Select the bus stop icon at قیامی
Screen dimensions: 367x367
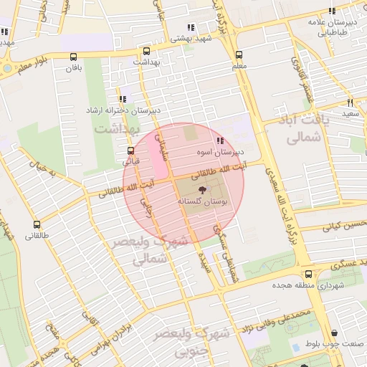[130, 151]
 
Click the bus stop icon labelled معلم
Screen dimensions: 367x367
[239, 54]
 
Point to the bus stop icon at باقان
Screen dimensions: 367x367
[74, 57]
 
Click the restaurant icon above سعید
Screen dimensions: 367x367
[350, 103]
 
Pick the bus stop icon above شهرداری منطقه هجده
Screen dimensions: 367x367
[308, 274]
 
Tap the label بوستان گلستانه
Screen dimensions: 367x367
[202, 204]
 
